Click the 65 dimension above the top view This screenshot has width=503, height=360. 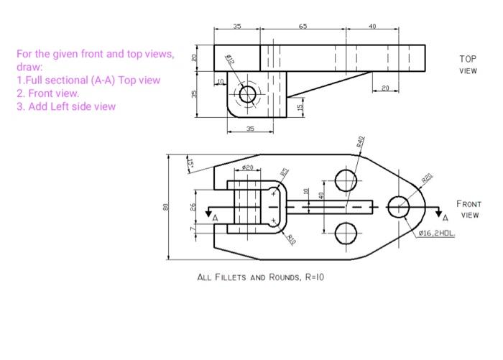(x=303, y=26)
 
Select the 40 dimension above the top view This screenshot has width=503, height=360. (x=372, y=26)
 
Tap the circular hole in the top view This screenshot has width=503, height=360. (x=249, y=93)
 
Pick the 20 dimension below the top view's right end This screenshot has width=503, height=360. (x=385, y=88)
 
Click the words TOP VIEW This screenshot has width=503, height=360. (x=468, y=65)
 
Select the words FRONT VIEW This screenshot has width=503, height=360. (x=469, y=209)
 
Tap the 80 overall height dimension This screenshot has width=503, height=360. (x=165, y=207)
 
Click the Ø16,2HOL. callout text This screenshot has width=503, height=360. (x=440, y=234)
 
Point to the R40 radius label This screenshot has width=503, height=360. (x=361, y=141)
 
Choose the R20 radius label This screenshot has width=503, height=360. (x=427, y=179)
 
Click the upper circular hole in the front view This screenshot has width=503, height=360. (x=346, y=180)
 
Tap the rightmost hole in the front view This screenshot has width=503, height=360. (x=399, y=207)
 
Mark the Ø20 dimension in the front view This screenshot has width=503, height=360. (x=247, y=167)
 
